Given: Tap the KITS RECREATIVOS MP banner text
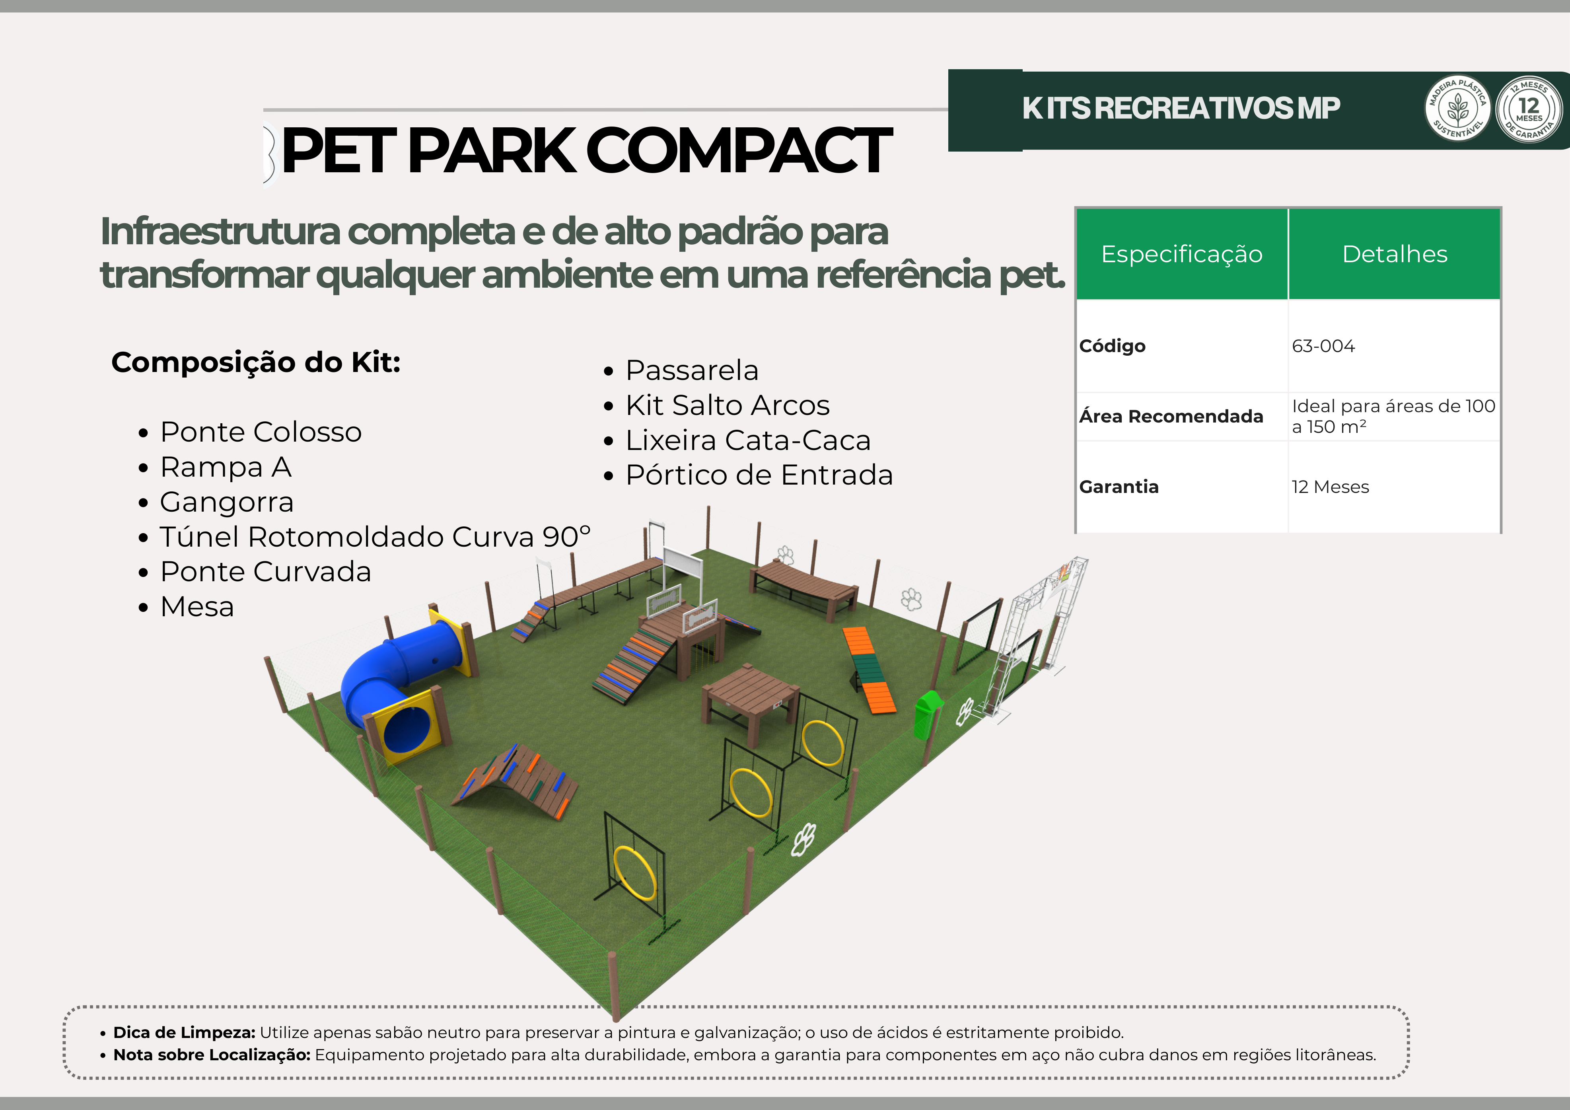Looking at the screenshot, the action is click(x=1181, y=109).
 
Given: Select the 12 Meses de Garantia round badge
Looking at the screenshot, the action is click(x=1529, y=109).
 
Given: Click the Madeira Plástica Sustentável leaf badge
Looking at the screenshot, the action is click(x=1458, y=108).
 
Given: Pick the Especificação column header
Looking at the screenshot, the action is click(x=1182, y=254).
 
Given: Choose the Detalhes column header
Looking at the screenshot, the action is click(x=1395, y=254).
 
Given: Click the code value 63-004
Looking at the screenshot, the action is click(x=1323, y=346).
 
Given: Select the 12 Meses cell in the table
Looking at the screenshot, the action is click(x=1330, y=487).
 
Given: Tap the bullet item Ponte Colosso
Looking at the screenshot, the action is click(x=261, y=432).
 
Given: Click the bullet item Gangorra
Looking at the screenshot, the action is click(x=226, y=502).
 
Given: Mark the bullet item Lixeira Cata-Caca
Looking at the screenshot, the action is click(x=748, y=440).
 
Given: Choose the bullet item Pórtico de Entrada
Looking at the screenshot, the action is click(x=759, y=475).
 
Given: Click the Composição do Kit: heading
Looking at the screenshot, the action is click(x=256, y=362).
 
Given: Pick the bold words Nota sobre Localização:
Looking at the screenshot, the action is click(x=212, y=1055).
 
